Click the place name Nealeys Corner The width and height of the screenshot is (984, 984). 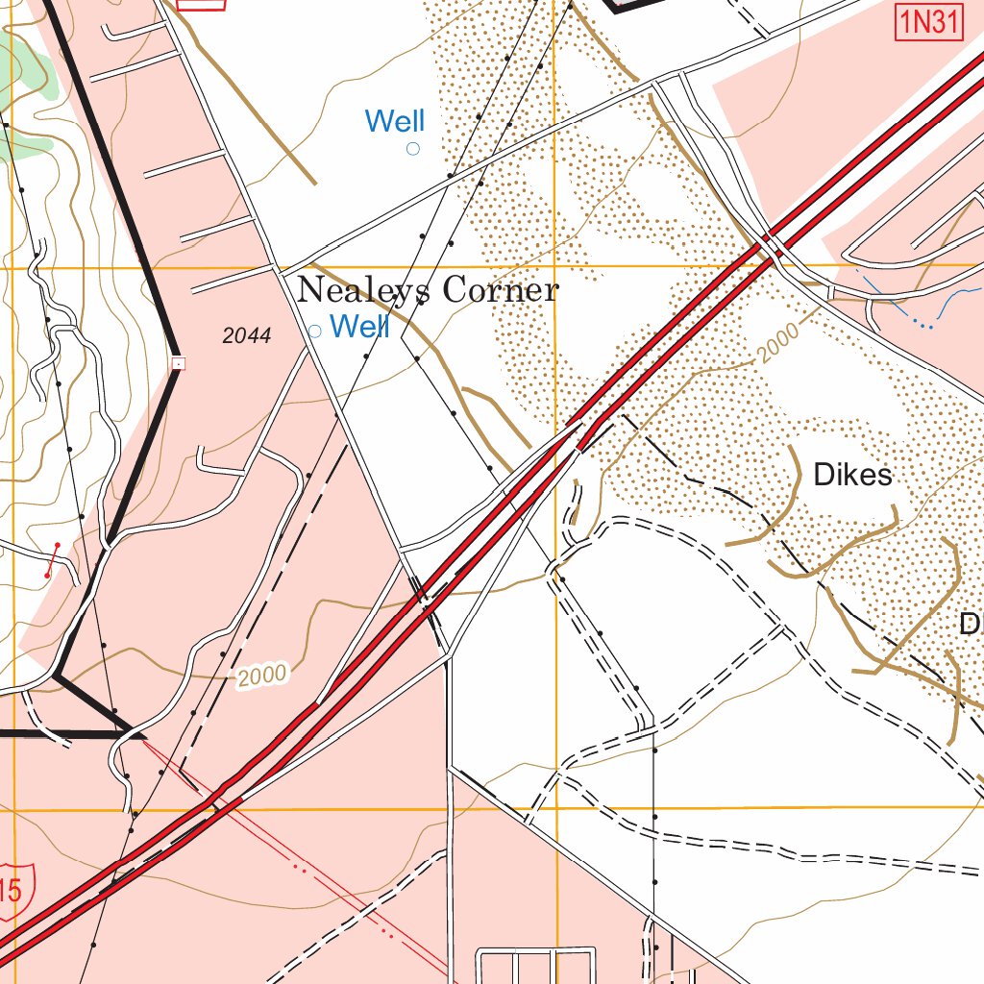(427, 290)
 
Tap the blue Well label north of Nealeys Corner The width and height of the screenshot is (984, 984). (395, 121)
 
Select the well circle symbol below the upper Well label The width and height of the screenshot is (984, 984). (413, 148)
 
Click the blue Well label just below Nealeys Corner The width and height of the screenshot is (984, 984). (359, 327)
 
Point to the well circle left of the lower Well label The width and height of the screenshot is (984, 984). (314, 331)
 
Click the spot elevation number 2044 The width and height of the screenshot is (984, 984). (246, 335)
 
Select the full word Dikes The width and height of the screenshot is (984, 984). (852, 475)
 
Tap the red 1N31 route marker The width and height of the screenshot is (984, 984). (928, 22)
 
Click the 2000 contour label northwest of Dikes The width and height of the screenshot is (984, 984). (776, 344)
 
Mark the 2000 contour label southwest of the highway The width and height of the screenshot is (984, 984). (262, 676)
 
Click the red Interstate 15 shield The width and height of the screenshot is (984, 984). (12, 889)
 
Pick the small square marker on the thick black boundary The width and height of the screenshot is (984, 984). (178, 363)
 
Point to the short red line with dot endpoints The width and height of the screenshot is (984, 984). (52, 559)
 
